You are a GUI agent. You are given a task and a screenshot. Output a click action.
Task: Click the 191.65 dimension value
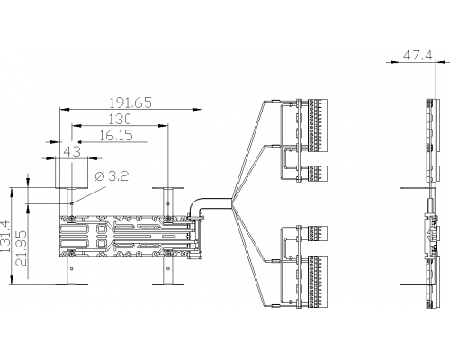point(130,103)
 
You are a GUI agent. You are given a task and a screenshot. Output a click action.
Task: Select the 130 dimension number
point(120,119)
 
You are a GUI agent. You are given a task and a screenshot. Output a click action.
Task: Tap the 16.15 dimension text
point(116,135)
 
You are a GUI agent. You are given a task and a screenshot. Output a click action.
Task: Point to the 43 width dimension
point(73,151)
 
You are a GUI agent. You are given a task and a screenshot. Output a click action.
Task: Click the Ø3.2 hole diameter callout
point(112,176)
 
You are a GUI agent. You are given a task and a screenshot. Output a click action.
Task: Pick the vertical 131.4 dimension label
point(5,237)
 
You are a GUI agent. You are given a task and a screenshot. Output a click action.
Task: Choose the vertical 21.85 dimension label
point(22,248)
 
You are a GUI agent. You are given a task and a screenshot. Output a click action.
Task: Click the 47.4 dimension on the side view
point(418,56)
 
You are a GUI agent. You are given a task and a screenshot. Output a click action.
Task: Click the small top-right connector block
point(318,174)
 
